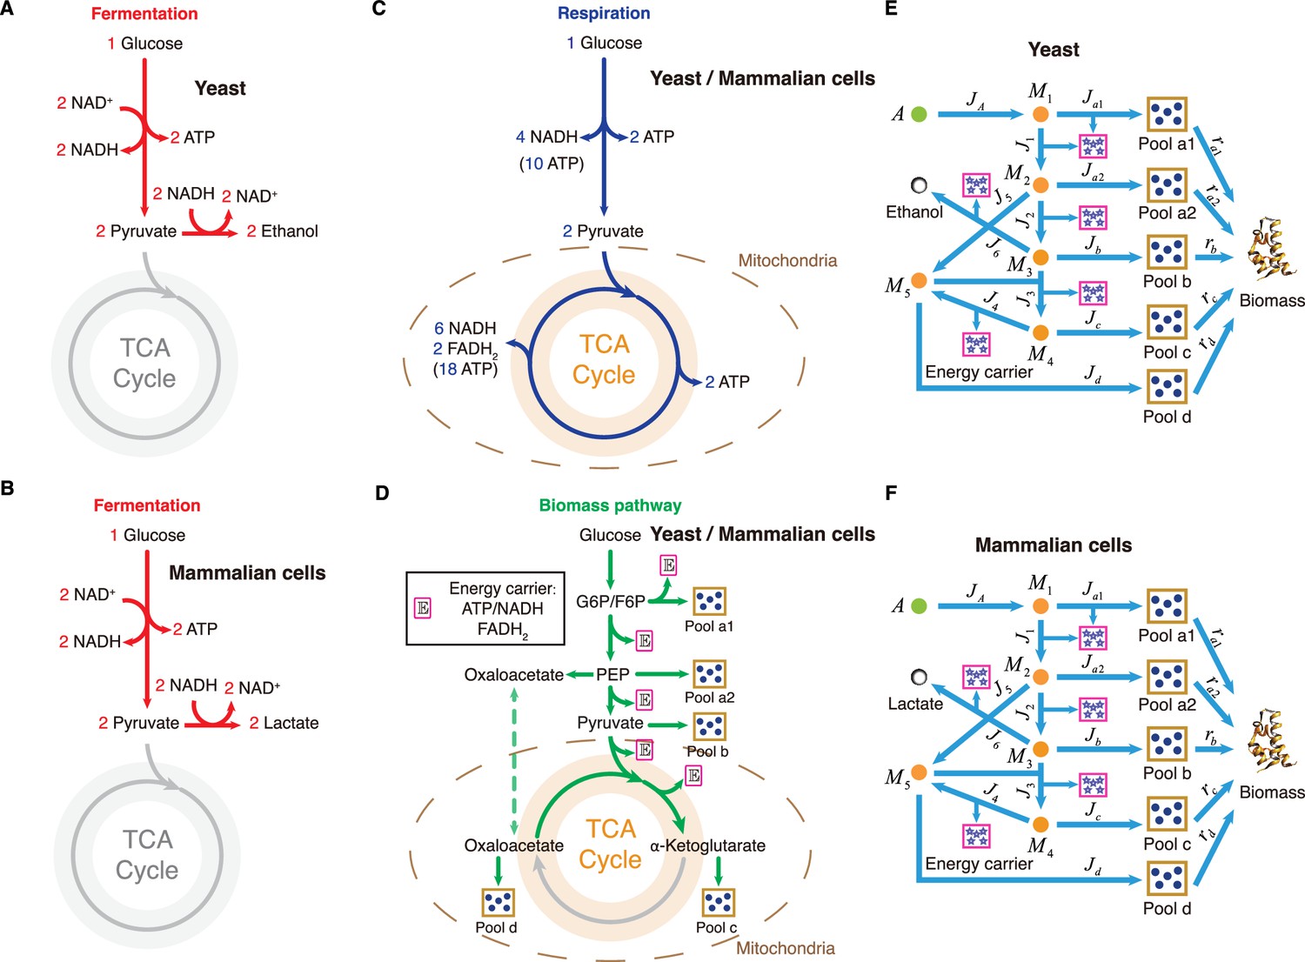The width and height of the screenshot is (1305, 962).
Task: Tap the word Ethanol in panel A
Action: point(290,231)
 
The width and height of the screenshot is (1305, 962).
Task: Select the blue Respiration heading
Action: point(604,13)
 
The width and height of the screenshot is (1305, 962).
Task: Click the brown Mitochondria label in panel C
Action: point(787,260)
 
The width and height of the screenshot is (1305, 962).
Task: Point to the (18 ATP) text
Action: point(465,369)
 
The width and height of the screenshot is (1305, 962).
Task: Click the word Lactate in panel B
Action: point(291,723)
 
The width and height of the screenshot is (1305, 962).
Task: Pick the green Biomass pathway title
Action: point(610,505)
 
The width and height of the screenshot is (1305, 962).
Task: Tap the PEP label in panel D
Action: point(612,674)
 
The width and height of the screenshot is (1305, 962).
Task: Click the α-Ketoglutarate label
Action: point(707,845)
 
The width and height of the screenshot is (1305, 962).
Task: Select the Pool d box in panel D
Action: point(499,902)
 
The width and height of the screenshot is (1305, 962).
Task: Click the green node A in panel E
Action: point(919,114)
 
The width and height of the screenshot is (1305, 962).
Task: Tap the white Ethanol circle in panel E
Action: point(919,185)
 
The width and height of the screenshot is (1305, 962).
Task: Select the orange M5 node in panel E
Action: point(919,281)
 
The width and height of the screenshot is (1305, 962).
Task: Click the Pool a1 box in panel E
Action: point(1167,115)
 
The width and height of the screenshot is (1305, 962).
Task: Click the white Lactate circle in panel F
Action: point(919,678)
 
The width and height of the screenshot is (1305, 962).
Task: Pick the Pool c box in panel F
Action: point(1167,814)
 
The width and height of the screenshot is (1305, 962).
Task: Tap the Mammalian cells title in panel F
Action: point(1054,545)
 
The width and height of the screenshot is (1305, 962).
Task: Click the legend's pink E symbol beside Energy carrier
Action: point(422,609)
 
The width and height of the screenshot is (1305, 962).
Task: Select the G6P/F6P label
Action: point(611,602)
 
